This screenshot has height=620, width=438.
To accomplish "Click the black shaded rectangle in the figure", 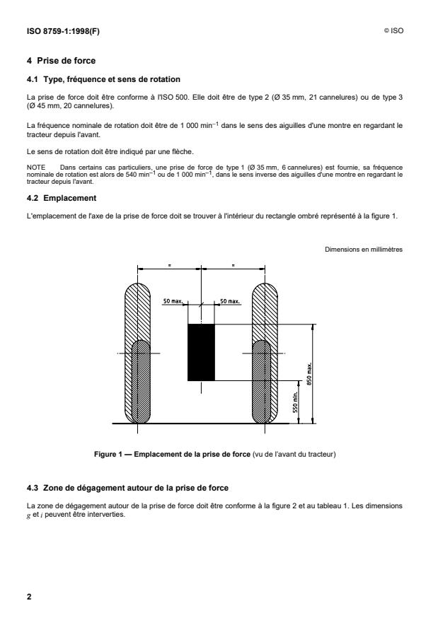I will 201,352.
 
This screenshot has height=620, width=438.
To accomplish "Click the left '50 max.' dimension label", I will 171,301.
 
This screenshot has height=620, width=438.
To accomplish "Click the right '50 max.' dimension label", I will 229,301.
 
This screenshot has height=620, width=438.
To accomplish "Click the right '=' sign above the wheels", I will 233,264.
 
